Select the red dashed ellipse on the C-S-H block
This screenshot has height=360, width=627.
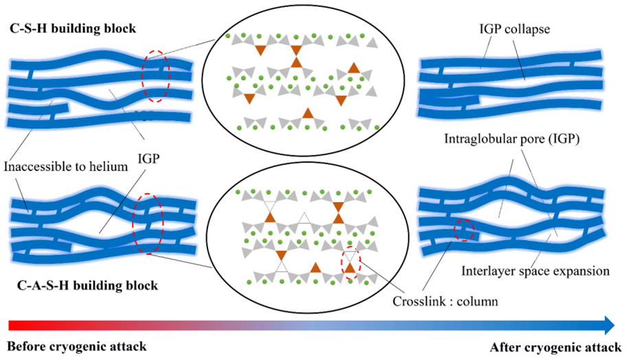(156, 76)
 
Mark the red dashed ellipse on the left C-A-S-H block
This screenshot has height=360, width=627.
(149, 223)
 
